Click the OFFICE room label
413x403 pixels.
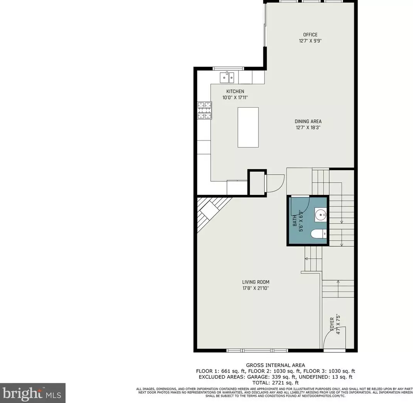[310, 35]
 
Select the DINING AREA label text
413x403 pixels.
[308, 121]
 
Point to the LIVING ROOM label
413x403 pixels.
[256, 282]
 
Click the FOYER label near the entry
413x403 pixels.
[332, 323]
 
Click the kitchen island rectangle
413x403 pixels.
[248, 127]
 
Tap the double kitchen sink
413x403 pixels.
[227, 78]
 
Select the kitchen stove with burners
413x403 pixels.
[205, 110]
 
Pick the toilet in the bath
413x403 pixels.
[319, 234]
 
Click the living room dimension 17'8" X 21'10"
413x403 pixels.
[256, 288]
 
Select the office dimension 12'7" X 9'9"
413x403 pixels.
[310, 41]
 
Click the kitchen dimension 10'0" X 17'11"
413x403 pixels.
[235, 98]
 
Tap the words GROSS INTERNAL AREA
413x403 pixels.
[275, 365]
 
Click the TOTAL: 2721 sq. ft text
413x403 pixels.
[275, 383]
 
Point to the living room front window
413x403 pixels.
[257, 351]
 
